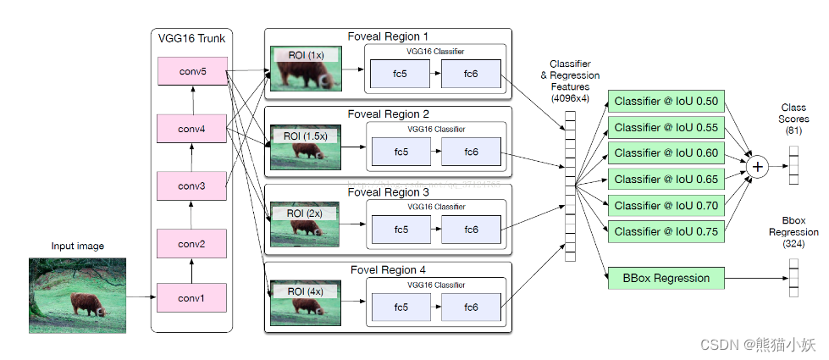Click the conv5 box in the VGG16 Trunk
(x=192, y=72)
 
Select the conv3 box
(x=192, y=185)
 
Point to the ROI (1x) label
(x=303, y=55)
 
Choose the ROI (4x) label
(x=303, y=291)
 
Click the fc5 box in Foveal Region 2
(x=401, y=151)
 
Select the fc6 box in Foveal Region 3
(x=471, y=229)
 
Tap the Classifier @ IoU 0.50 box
(x=666, y=102)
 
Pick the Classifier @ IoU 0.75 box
(x=666, y=231)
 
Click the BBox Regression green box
(x=666, y=277)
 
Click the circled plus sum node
(x=758, y=167)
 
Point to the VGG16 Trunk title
(x=191, y=37)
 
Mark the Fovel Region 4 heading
(x=388, y=270)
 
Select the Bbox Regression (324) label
(x=788, y=232)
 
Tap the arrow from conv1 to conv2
(x=192, y=271)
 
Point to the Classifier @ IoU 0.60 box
(x=666, y=153)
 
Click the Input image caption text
(x=77, y=246)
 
